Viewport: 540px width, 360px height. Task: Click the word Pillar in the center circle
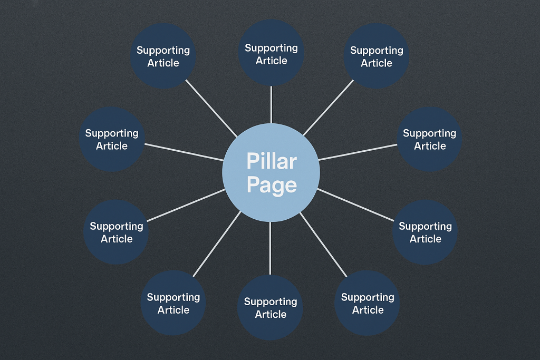271,161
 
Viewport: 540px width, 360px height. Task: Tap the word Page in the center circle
271,185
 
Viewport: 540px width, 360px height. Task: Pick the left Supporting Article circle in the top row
163,56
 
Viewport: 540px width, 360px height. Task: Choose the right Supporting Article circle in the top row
377,56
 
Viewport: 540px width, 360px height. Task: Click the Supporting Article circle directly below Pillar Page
270,308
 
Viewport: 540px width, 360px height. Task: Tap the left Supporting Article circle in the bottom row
173,304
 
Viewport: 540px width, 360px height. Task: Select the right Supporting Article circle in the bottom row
367,304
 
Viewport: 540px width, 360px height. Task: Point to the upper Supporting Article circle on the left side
111,139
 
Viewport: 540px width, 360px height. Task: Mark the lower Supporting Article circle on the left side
116,232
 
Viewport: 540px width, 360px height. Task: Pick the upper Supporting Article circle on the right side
429,139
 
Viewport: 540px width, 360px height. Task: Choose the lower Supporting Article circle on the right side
425,232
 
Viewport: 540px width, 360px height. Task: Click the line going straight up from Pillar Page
271,105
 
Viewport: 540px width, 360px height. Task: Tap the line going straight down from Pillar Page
270,248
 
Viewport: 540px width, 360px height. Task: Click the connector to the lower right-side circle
356,205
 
